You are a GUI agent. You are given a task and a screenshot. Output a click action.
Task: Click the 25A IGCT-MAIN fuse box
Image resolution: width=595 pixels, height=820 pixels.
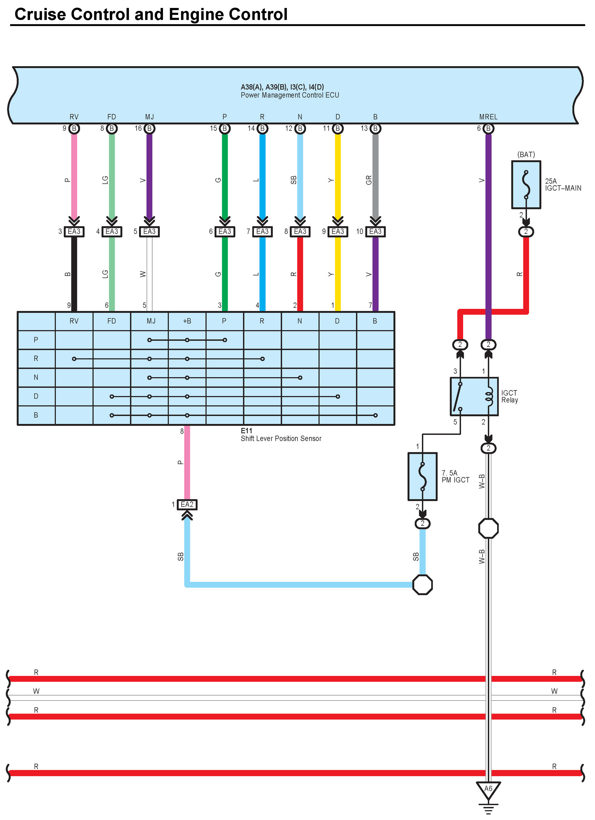click(526, 185)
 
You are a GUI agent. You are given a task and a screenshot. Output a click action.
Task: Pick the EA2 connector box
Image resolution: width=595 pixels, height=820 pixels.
click(187, 504)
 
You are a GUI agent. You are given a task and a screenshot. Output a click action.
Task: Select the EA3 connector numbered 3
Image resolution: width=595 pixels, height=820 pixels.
click(74, 231)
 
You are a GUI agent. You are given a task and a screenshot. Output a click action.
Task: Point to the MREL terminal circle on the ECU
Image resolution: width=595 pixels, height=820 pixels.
click(488, 128)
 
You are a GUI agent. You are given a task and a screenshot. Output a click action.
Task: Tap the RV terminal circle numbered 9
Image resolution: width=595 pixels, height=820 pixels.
click(74, 128)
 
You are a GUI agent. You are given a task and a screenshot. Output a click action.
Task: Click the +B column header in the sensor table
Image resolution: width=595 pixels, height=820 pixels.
click(187, 321)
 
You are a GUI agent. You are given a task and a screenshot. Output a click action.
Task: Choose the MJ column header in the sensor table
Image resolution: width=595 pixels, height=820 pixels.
click(149, 321)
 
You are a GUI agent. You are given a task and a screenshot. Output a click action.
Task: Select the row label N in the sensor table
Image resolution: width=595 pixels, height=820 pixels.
click(36, 378)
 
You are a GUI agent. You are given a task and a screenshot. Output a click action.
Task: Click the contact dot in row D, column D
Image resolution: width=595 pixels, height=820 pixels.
click(337, 397)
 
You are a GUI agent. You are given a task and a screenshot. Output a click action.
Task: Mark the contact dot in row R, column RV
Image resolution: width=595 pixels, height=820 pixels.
click(74, 359)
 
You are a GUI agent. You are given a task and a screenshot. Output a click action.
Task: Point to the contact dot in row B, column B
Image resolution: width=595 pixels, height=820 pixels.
click(376, 415)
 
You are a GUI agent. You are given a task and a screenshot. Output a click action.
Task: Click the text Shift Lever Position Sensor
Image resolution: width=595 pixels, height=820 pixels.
click(281, 439)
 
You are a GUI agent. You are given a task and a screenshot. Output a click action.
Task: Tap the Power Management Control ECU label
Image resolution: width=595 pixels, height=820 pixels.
click(290, 95)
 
